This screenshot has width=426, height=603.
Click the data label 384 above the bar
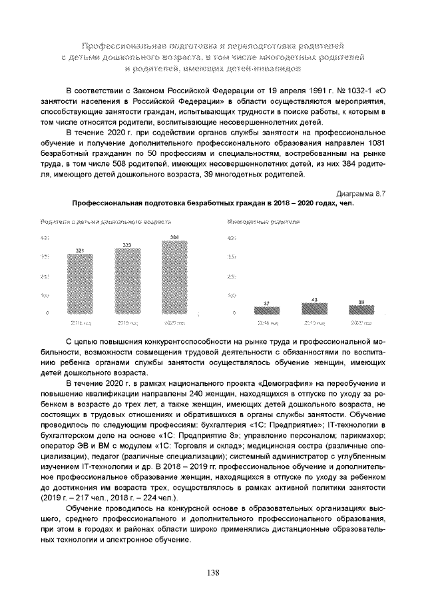pyautogui.click(x=174, y=237)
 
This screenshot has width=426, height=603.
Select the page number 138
pyautogui.click(x=213, y=572)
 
